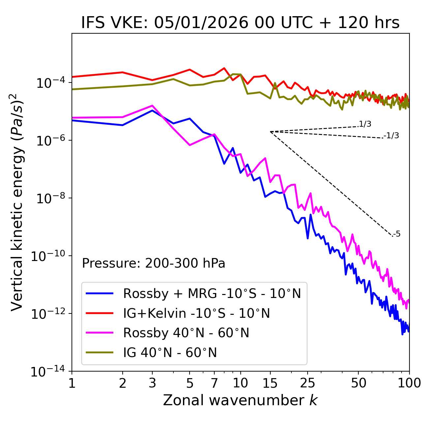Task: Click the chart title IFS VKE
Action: (x=240, y=23)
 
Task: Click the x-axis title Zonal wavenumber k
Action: (x=240, y=400)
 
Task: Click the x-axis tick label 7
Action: (x=214, y=383)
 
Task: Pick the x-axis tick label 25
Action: (x=307, y=383)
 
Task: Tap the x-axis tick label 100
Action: (x=409, y=383)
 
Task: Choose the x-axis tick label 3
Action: (x=152, y=383)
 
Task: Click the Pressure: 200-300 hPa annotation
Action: (x=154, y=263)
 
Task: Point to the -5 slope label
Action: (x=397, y=234)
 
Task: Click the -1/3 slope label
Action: (x=391, y=136)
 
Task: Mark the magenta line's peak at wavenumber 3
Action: (x=152, y=106)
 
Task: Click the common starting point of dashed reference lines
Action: (x=270, y=132)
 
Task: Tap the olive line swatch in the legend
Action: (x=100, y=353)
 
